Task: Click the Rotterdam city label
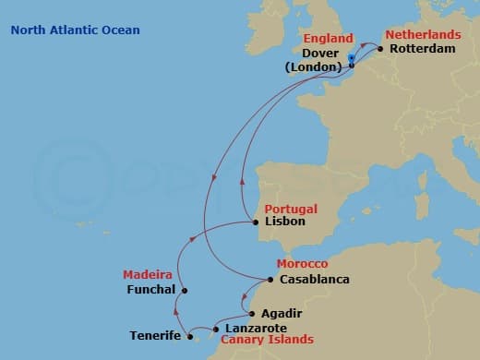click(422, 48)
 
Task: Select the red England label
click(328, 39)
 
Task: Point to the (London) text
click(314, 67)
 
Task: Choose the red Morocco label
click(295, 264)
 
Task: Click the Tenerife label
click(155, 336)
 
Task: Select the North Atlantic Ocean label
click(76, 30)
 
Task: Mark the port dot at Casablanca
click(270, 279)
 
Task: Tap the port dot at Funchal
click(185, 291)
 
